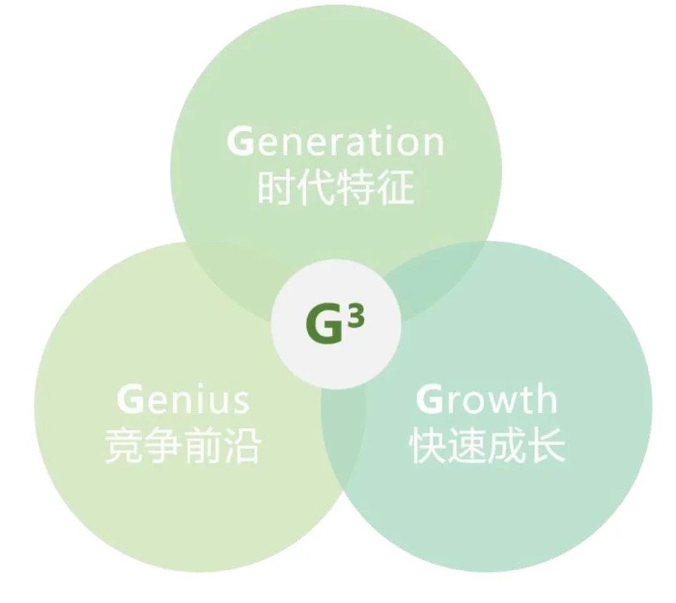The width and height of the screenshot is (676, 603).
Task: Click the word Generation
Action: pyautogui.click(x=335, y=141)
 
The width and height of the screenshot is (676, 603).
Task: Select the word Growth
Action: pyautogui.click(x=487, y=398)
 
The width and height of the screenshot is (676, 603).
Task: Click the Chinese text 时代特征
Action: pyautogui.click(x=336, y=187)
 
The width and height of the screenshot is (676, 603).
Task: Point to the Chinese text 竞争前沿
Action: pyautogui.click(x=183, y=446)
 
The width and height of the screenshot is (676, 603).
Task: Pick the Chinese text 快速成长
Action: pyautogui.click(x=487, y=446)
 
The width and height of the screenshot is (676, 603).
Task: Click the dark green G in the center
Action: pyautogui.click(x=324, y=324)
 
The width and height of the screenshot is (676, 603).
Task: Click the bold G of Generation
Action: pyautogui.click(x=239, y=141)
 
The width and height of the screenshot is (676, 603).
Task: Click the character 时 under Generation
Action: pyautogui.click(x=276, y=187)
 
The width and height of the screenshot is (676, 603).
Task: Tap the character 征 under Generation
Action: pyautogui.click(x=396, y=187)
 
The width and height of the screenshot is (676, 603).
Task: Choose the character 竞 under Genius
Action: pyautogui.click(x=123, y=446)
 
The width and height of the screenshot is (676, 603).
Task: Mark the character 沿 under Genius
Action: pyautogui.click(x=242, y=446)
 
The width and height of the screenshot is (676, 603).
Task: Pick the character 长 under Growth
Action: pyautogui.click(x=548, y=446)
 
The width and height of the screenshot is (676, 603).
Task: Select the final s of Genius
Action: pyautogui.click(x=241, y=402)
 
